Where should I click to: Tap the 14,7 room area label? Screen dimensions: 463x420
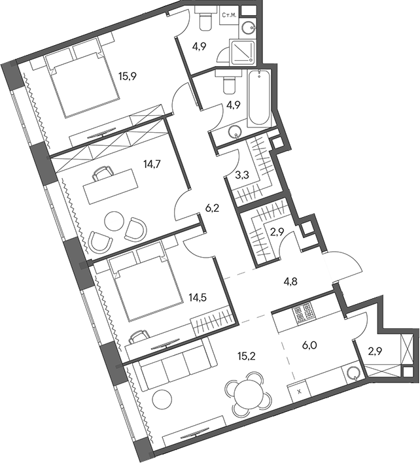(x=152, y=165)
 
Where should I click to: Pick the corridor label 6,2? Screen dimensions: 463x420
(x=212, y=210)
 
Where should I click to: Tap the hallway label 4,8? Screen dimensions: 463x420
(x=291, y=283)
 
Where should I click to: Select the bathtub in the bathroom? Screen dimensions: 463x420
(x=259, y=98)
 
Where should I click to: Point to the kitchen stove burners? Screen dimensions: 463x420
(x=305, y=315)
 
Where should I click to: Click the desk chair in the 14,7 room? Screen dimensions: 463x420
(x=102, y=175)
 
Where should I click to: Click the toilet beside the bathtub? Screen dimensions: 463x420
(x=228, y=84)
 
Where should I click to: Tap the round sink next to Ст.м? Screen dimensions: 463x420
(x=248, y=26)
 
